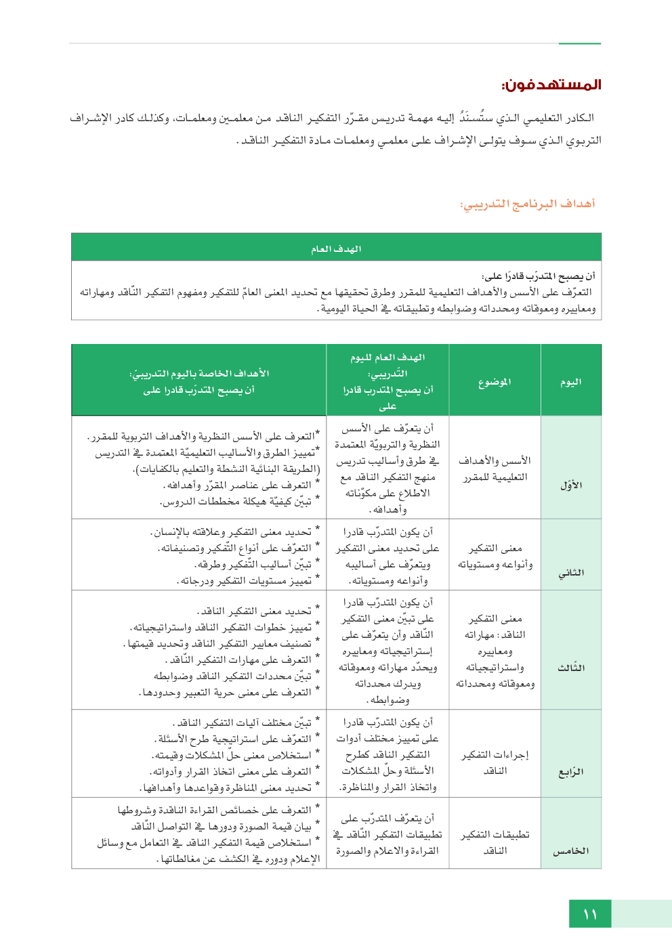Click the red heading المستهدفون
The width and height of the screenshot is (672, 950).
[551, 85]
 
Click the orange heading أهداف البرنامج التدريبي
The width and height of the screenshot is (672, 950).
[527, 204]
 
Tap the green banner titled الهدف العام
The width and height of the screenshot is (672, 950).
[336, 249]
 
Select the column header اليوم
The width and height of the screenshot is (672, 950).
[570, 382]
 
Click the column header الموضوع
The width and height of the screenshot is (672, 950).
[495, 382]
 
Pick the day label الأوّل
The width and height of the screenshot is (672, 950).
[571, 485]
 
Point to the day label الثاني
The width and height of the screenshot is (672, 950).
[571, 573]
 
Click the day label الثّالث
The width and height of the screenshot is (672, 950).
[571, 668]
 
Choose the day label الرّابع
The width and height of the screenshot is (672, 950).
[571, 771]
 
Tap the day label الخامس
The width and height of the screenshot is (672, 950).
[571, 851]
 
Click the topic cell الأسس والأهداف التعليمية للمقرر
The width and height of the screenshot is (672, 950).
[495, 469]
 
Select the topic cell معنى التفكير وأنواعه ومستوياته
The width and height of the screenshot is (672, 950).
[495, 557]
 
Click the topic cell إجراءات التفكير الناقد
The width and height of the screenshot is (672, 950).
[495, 763]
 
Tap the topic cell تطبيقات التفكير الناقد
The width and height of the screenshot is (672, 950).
[495, 843]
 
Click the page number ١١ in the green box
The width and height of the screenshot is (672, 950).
[590, 914]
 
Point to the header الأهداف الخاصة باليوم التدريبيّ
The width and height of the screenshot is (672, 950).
[199, 374]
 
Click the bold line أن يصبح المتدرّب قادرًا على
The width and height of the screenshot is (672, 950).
[539, 276]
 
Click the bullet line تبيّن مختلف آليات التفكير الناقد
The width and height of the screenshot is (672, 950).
[242, 722]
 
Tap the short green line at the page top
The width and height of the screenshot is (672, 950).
[580, 43]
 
